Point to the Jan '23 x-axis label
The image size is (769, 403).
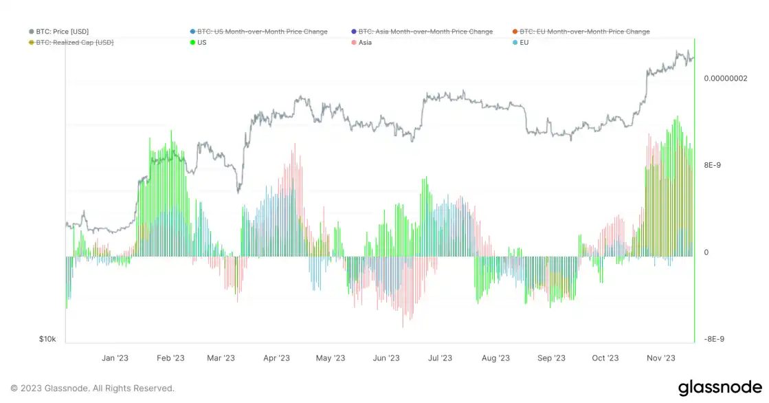click(115, 358)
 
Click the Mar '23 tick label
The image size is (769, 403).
click(221, 358)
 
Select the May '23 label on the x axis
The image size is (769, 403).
click(331, 358)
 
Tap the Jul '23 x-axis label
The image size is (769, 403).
click(440, 358)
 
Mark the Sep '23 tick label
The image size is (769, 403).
click(551, 358)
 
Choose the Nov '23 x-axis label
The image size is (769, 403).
click(661, 358)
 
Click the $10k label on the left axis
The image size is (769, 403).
click(47, 339)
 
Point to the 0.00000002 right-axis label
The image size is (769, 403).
click(725, 78)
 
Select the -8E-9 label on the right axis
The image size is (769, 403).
click(713, 339)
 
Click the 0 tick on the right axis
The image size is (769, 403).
click(706, 252)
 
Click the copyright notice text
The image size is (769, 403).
click(92, 389)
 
